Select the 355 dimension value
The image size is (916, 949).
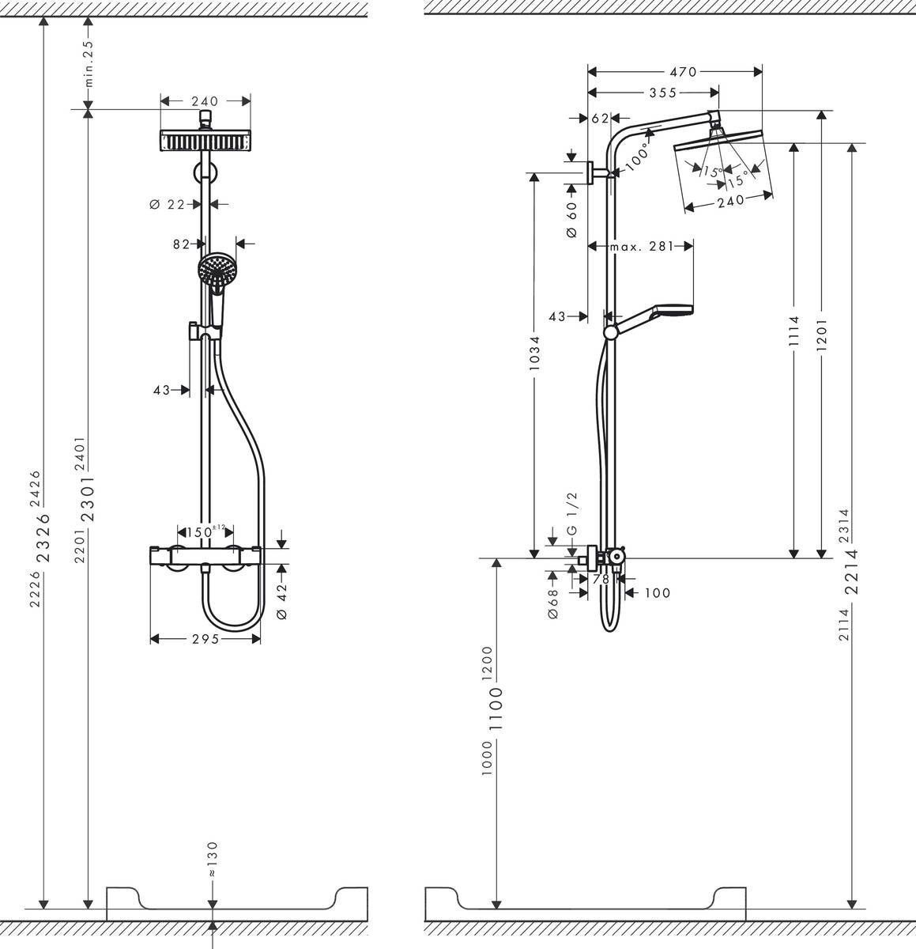point(662,93)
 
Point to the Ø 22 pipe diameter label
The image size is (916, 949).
point(167,204)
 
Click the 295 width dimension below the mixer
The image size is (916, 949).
point(205,639)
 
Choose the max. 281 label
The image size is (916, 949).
point(641,247)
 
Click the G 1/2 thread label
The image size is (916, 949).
point(573,513)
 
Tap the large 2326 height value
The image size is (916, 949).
point(44,537)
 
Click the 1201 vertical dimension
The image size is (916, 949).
point(822,336)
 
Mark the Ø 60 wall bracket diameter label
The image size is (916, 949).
point(573,220)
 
